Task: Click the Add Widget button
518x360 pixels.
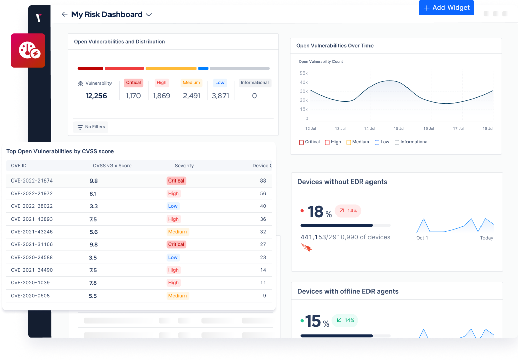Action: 446,8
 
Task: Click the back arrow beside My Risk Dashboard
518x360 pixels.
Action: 64,15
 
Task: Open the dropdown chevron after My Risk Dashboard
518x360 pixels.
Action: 149,15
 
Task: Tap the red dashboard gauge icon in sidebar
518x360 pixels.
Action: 28,51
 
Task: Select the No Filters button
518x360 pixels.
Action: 91,127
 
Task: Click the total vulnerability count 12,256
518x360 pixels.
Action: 96,96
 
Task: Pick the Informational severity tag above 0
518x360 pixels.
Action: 254,83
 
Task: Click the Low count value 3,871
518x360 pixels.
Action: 220,96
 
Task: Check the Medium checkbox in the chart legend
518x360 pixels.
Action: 349,142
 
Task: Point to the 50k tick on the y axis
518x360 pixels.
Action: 304,73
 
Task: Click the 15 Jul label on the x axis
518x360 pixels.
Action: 399,129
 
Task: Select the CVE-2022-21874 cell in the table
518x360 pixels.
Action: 31,181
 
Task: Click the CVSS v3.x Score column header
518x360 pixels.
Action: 112,166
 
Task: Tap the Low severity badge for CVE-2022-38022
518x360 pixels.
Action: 173,206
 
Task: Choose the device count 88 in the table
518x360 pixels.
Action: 263,181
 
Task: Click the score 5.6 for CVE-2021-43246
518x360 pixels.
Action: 93,232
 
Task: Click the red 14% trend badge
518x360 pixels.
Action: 348,211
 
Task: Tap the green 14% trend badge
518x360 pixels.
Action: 345,320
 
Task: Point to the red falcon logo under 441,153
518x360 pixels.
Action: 306,247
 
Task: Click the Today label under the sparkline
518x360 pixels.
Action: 486,238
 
